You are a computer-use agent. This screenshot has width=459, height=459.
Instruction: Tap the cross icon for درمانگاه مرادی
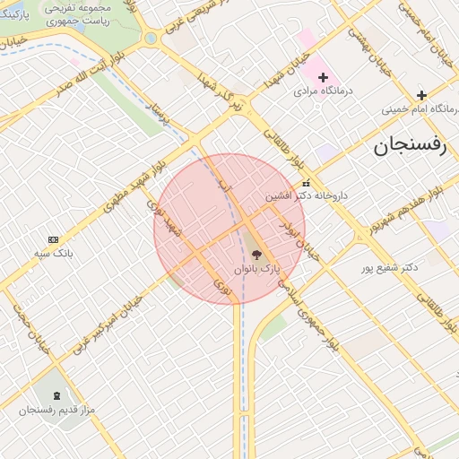point(323,78)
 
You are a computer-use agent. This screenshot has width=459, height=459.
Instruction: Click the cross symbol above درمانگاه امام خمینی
point(421,95)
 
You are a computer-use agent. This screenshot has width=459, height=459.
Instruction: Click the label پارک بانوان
point(257,269)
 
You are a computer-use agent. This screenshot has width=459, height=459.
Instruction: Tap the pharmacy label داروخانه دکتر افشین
point(306,195)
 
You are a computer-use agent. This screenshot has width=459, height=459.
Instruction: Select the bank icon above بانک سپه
point(53,239)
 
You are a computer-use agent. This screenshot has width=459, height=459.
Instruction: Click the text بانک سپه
point(53,253)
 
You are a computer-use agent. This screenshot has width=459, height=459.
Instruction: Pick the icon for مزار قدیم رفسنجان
point(57,395)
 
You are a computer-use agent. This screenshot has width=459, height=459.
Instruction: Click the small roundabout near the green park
point(151,38)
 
